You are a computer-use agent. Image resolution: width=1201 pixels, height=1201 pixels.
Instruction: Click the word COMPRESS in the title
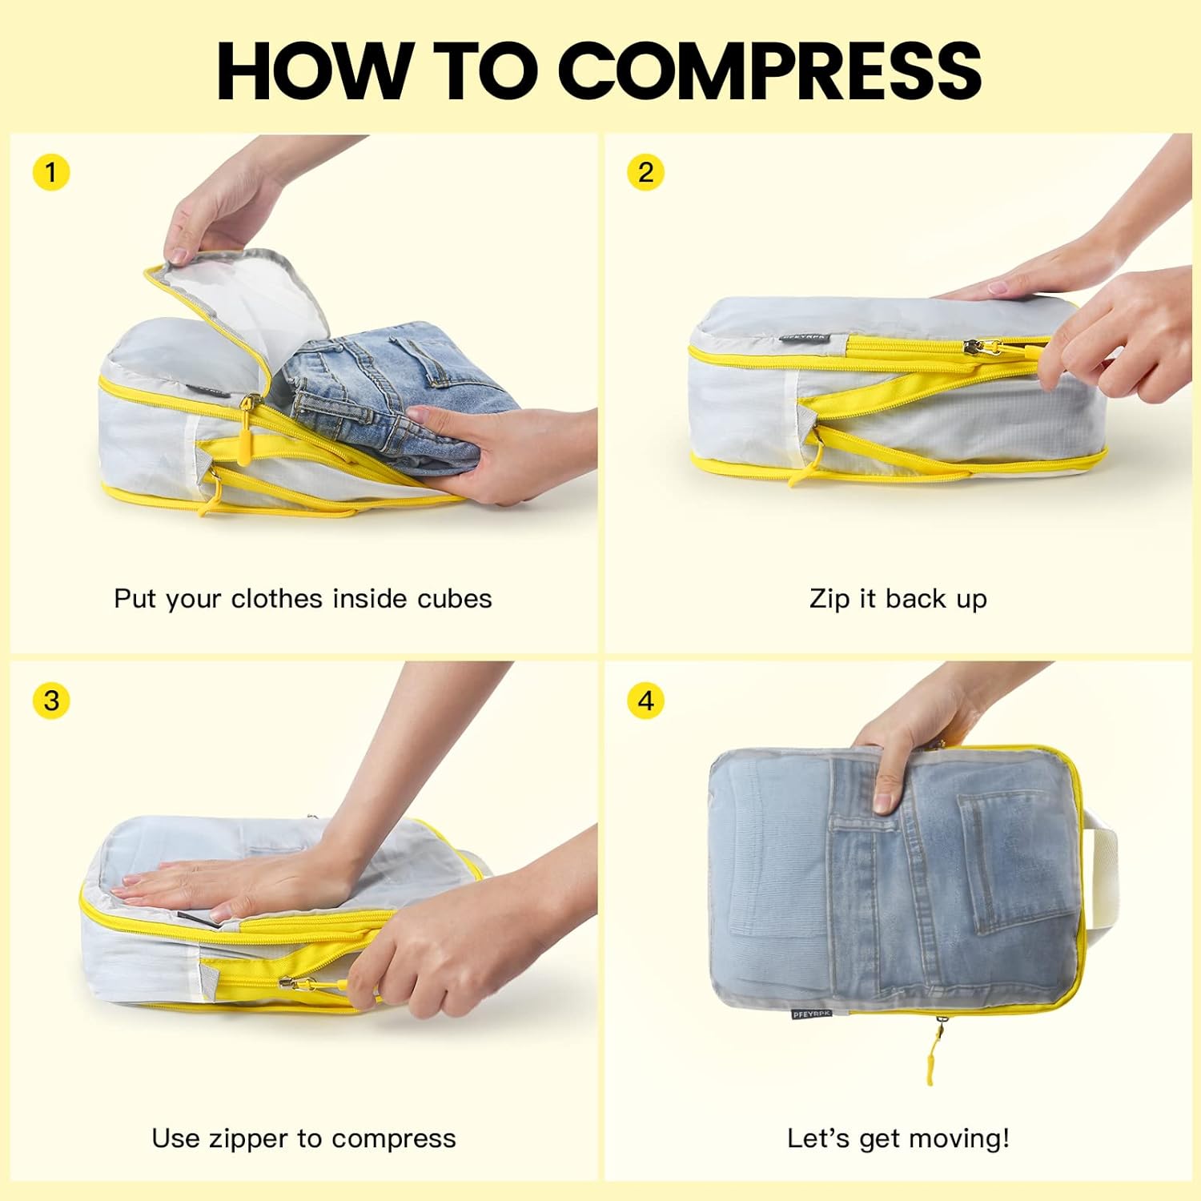pyautogui.click(x=774, y=70)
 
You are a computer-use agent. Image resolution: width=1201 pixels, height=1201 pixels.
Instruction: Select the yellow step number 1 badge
pyautogui.click(x=51, y=172)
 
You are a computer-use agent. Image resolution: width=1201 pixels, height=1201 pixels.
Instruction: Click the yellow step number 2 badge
pyautogui.click(x=645, y=172)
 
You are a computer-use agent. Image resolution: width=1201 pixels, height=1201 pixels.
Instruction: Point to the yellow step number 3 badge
pyautogui.click(x=51, y=701)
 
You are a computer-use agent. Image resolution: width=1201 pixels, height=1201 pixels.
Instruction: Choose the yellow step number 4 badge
pyautogui.click(x=645, y=701)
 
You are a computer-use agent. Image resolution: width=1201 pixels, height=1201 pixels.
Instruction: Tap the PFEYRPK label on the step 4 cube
pyautogui.click(x=811, y=1014)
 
